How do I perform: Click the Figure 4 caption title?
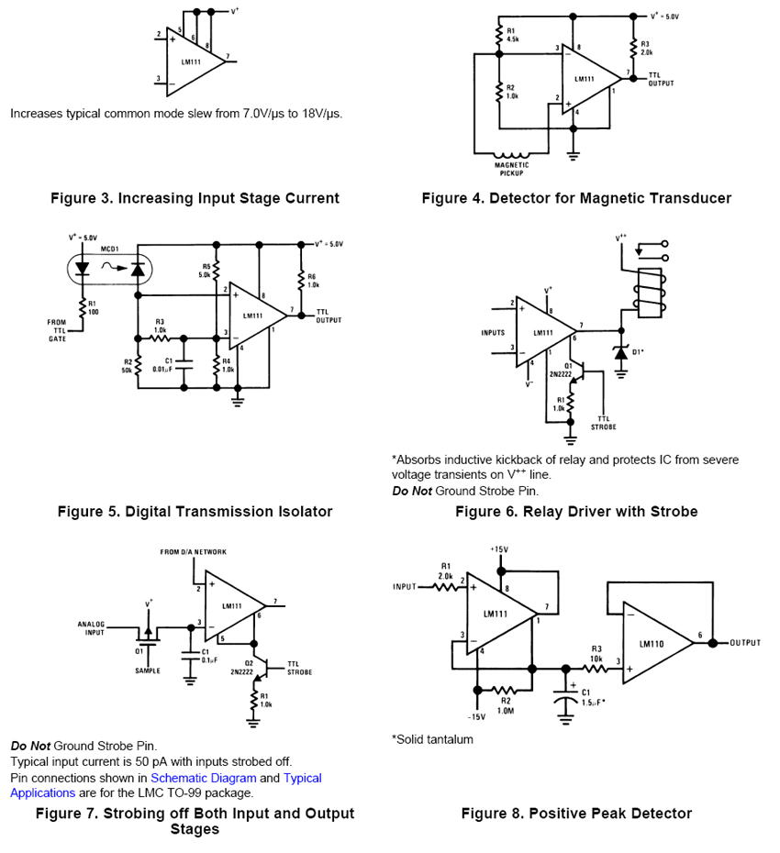[576, 198]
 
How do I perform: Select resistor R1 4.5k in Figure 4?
[500, 36]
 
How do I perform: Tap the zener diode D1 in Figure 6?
[621, 351]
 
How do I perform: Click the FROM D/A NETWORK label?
[193, 551]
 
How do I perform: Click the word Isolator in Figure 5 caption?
[295, 511]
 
